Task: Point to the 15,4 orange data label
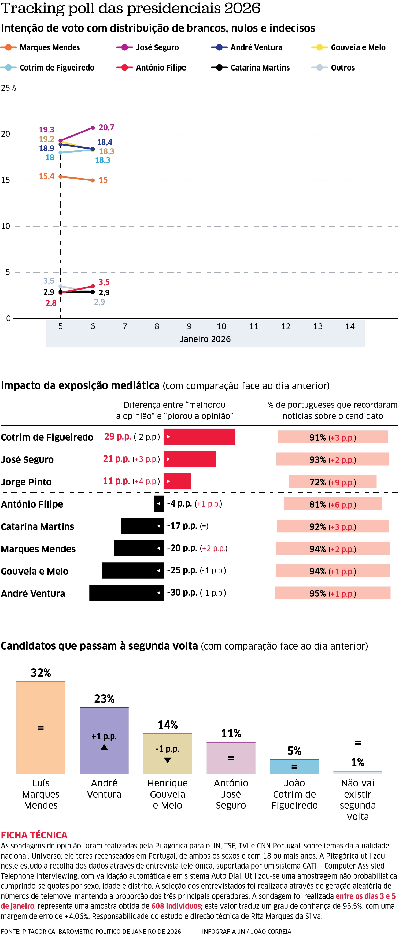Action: pos(46,176)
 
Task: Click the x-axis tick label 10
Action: pos(221,326)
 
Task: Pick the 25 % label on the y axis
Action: pos(8,88)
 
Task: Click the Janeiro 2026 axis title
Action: pos(205,339)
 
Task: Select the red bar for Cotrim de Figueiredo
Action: pos(199,437)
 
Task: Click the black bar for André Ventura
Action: pos(126,593)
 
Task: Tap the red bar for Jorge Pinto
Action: pos(177,481)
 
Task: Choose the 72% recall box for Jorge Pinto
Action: pos(332,482)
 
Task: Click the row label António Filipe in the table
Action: pos(32,504)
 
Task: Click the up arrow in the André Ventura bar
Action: pos(104,747)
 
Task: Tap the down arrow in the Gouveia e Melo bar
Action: pos(167,760)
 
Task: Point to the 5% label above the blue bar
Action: pos(294,751)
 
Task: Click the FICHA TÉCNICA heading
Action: pos(34,835)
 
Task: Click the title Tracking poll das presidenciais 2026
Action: pos(131,8)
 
